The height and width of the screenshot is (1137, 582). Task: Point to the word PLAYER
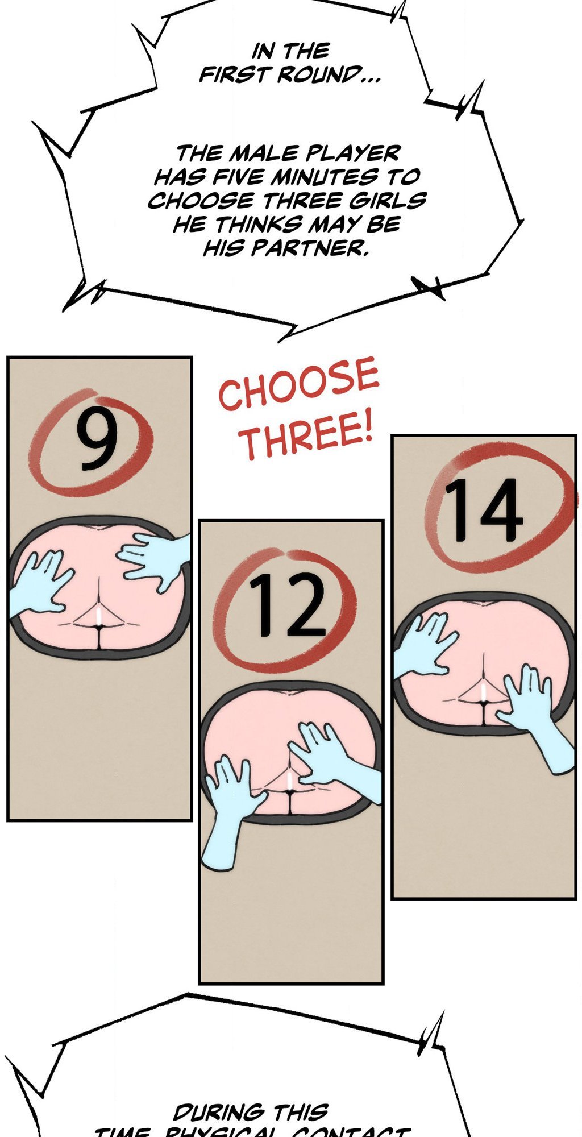coord(353,153)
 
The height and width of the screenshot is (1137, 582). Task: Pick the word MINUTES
coord(323,177)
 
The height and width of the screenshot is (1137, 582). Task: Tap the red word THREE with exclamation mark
coord(307,438)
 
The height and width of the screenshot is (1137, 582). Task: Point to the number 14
coord(483,510)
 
